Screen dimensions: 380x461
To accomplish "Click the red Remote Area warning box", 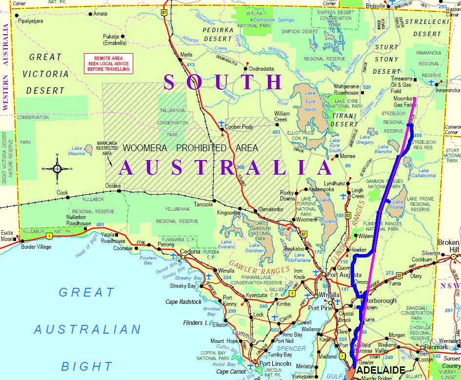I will coord(109,63).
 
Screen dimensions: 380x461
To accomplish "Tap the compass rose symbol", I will coord(57,169).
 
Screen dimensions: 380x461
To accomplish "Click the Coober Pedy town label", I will coord(239,126).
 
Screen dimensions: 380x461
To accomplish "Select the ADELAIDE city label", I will coord(381,370).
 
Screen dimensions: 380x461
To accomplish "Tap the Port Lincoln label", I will coord(275,364).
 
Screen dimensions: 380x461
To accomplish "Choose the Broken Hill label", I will coord(449,246).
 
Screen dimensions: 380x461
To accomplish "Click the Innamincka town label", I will coord(448,90).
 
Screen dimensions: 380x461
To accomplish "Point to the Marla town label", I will coord(186,54).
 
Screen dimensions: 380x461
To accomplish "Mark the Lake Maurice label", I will coord(77,151).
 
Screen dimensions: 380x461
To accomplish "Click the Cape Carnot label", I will coord(231,372).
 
